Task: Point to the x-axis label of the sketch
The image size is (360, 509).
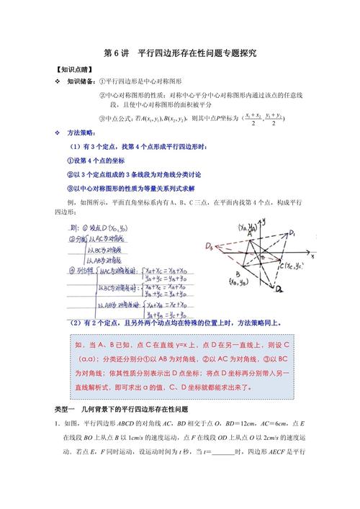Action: click(311, 255)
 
